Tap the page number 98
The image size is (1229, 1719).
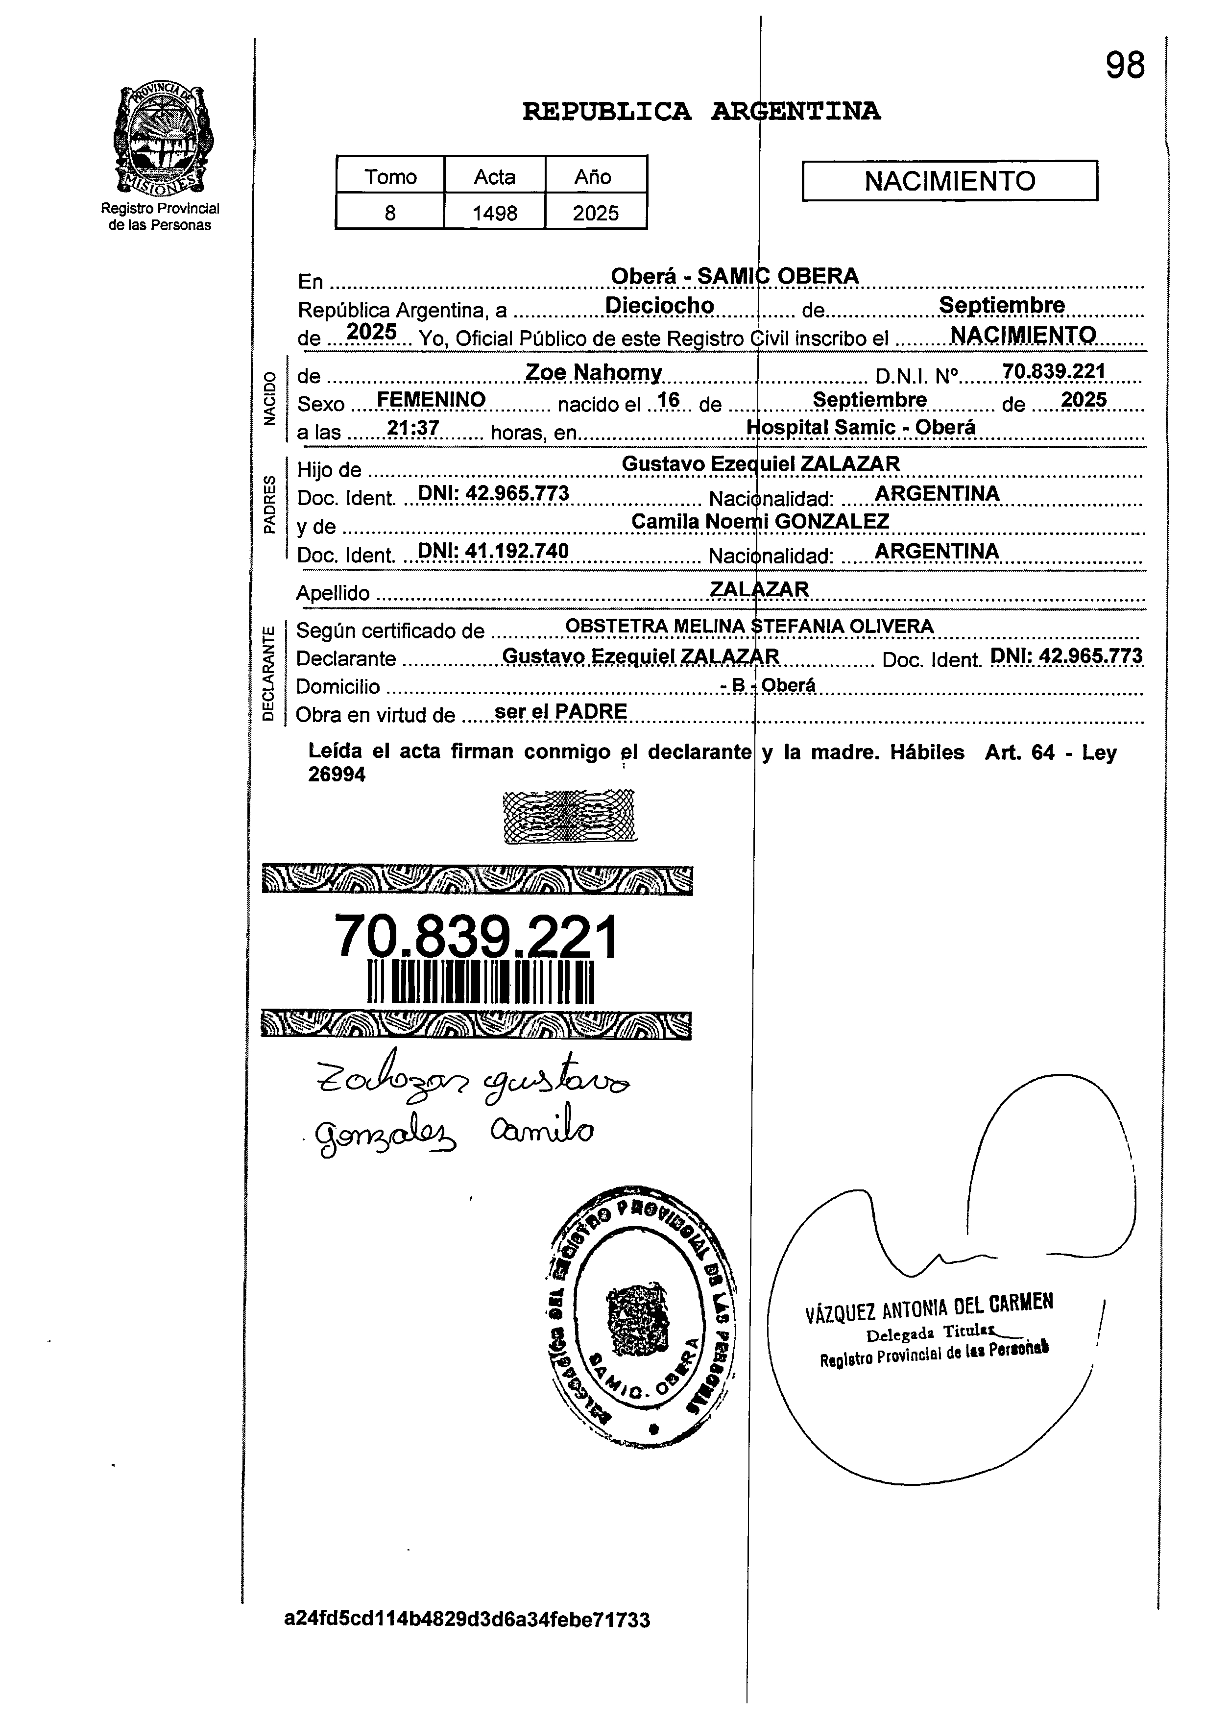(x=1125, y=66)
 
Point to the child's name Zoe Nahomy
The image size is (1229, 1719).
(x=594, y=372)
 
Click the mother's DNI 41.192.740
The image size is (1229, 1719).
(x=493, y=551)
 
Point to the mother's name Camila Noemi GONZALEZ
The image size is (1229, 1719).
(x=761, y=522)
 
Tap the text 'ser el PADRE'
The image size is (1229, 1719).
(x=560, y=711)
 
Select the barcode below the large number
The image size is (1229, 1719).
(x=481, y=983)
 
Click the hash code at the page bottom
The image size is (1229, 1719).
(x=467, y=1620)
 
